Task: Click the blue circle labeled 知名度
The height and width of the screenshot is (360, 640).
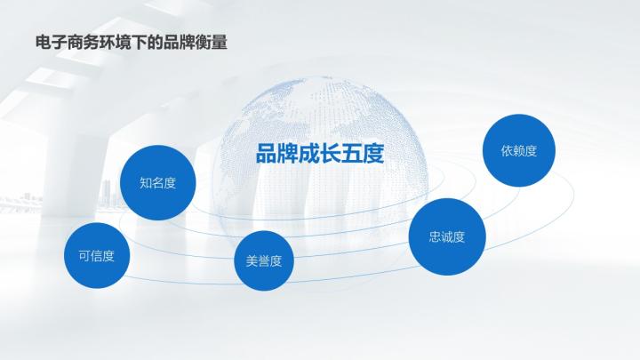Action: tap(157, 182)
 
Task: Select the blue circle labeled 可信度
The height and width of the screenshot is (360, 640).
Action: tap(97, 256)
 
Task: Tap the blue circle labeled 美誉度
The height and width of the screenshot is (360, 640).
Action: tap(263, 260)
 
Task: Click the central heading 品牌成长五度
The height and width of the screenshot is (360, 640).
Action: tap(319, 155)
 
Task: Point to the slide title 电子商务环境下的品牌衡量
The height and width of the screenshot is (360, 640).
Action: tap(130, 42)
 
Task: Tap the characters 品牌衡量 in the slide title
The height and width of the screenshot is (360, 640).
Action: tap(196, 42)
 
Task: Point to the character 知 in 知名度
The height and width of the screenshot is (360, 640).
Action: tap(145, 183)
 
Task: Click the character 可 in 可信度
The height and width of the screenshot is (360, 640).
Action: tap(84, 256)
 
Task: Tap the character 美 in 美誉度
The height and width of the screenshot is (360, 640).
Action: tap(251, 261)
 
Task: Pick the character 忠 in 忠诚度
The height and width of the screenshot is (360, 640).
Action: tap(435, 237)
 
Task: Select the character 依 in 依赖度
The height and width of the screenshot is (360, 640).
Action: tap(507, 151)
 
